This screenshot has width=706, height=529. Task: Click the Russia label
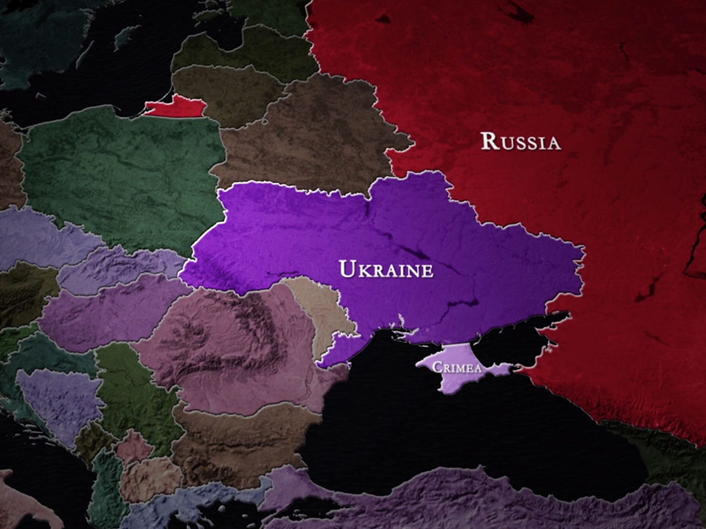click(x=521, y=142)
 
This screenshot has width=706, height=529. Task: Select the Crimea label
click(x=456, y=368)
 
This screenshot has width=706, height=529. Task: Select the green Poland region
click(x=121, y=179)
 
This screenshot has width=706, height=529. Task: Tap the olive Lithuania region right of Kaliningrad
click(x=230, y=93)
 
